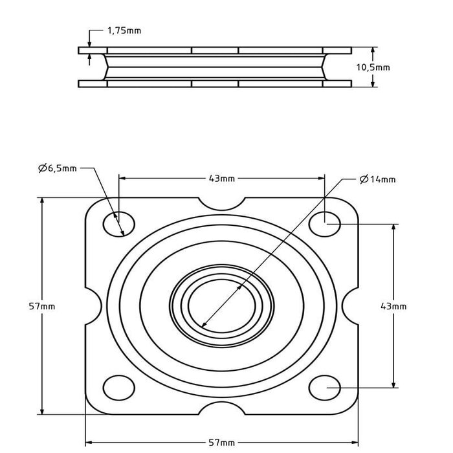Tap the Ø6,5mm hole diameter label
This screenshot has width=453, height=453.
(58, 168)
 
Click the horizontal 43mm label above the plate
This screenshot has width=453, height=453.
(222, 178)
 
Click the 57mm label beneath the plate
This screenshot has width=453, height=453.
(222, 442)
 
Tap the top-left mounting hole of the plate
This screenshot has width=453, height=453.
(119, 223)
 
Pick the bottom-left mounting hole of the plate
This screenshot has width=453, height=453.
(119, 387)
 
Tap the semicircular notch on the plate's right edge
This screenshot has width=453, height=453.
(353, 305)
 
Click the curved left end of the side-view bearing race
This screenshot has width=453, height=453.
(104, 67)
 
